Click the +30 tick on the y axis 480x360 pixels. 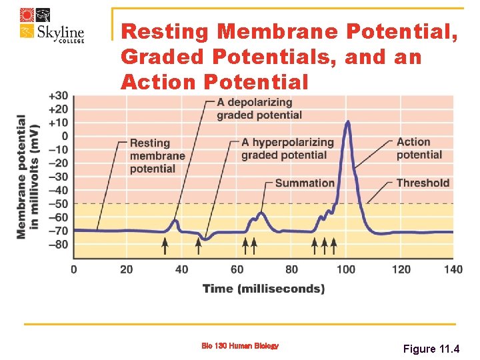click(58, 95)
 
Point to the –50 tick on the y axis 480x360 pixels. click(58, 203)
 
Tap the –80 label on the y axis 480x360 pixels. click(58, 245)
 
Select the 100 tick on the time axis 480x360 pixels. click(345, 269)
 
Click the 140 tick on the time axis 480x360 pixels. click(453, 269)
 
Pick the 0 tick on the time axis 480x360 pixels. click(73, 269)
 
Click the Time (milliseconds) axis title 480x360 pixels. click(264, 289)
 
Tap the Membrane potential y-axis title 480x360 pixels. click(28, 176)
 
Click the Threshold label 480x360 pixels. click(423, 183)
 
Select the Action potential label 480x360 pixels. click(419, 148)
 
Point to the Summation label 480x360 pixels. click(305, 183)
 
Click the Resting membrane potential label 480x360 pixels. click(157, 156)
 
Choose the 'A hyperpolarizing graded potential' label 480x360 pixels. click(287, 149)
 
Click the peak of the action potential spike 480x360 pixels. click(347, 122)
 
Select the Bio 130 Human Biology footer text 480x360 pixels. click(240, 345)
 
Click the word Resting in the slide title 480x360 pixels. click(166, 31)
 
